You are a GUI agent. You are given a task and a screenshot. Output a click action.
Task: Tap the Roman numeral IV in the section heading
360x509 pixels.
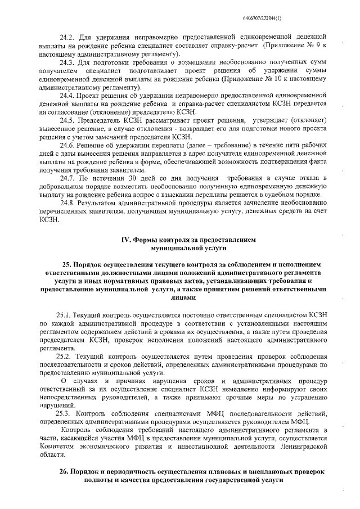click(x=127, y=239)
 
